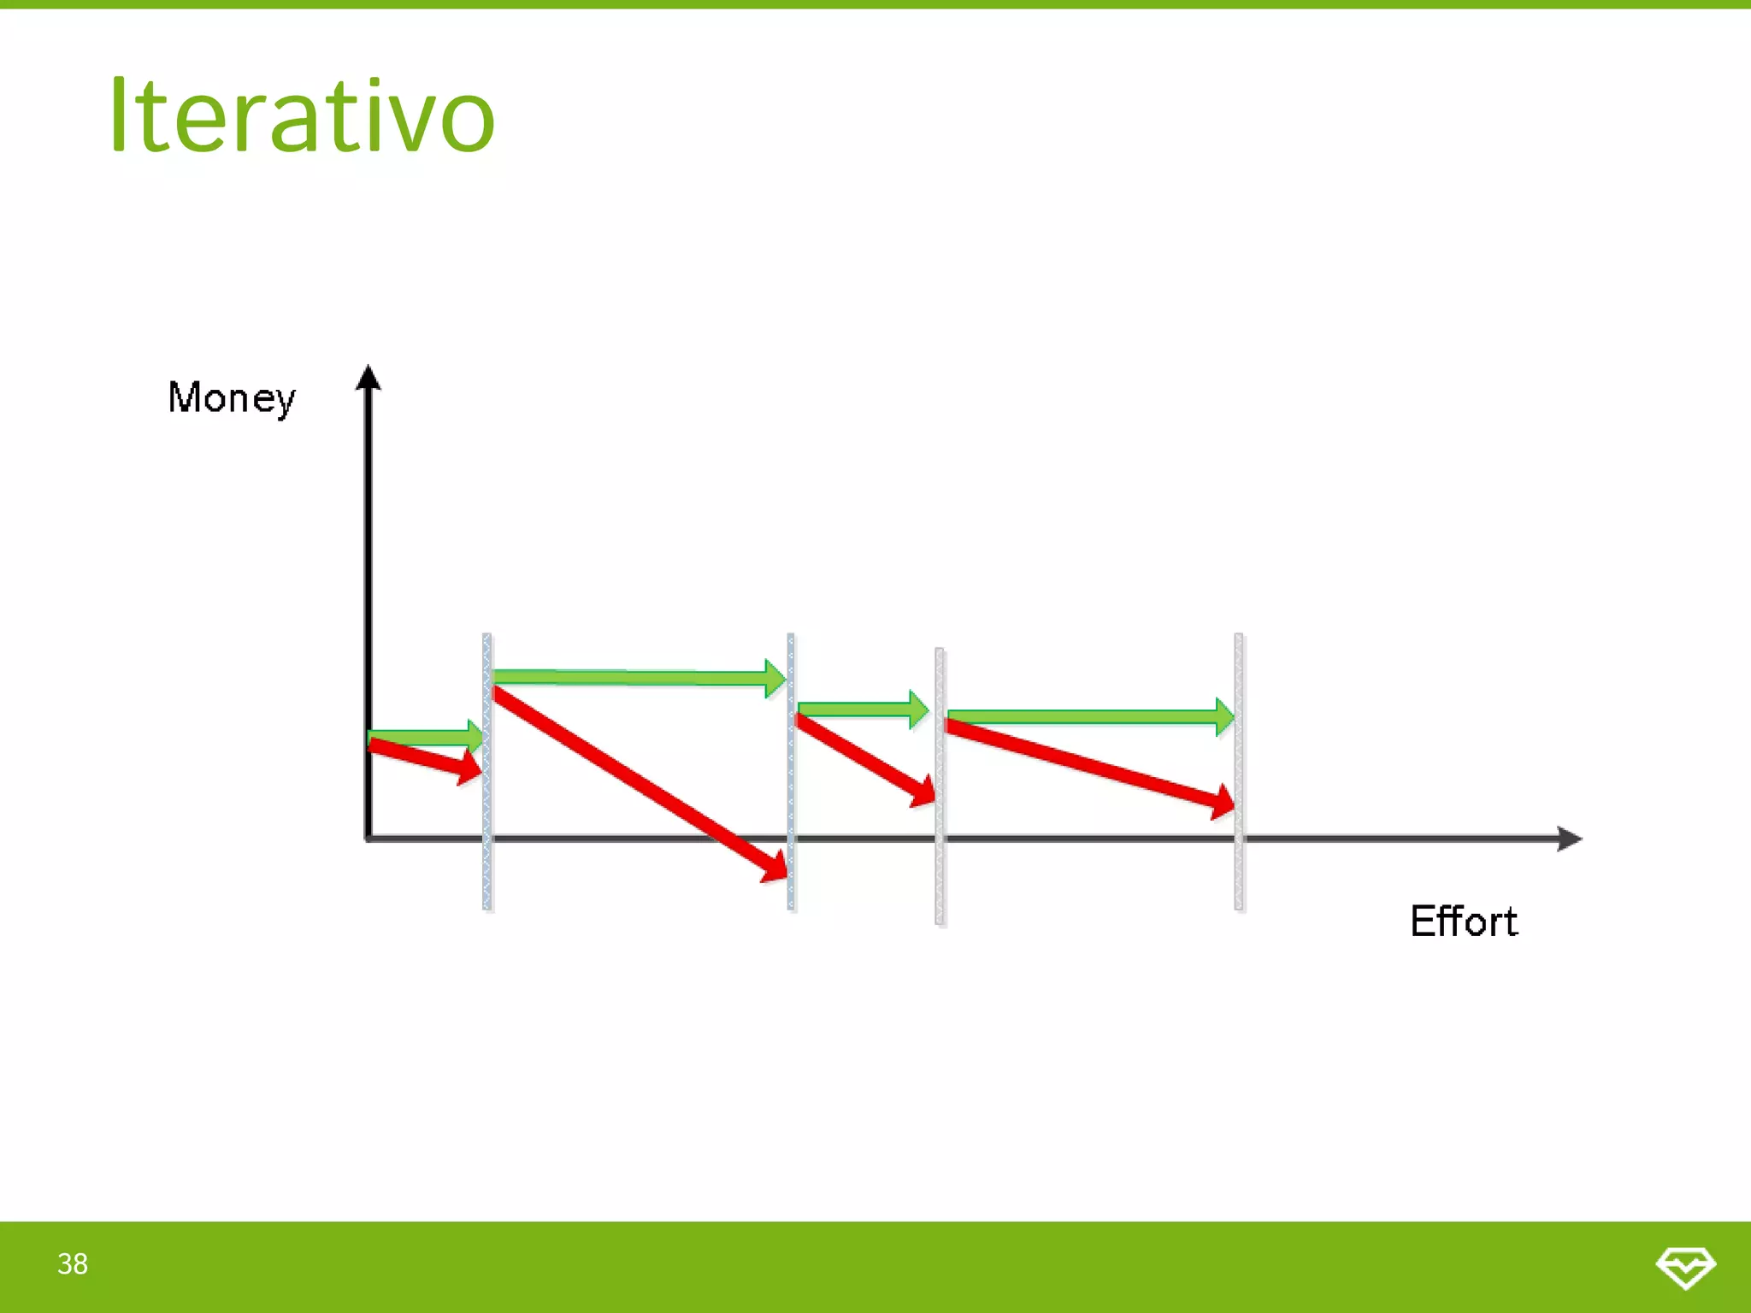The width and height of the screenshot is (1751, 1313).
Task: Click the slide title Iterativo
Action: pos(301,115)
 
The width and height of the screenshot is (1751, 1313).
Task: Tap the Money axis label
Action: pos(232,398)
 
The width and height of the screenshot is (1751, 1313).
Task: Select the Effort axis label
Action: pos(1464,921)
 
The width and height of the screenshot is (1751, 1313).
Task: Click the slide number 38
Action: pos(73,1264)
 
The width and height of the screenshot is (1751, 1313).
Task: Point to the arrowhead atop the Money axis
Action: pos(368,378)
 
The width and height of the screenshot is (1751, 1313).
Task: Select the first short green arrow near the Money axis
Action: pos(423,737)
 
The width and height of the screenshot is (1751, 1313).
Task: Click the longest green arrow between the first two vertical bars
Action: pos(637,678)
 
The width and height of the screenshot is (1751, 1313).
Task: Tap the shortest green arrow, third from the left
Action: pos(859,709)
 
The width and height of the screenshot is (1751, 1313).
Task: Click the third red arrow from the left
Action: pos(864,760)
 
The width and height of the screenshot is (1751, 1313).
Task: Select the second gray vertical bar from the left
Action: pos(791,769)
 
